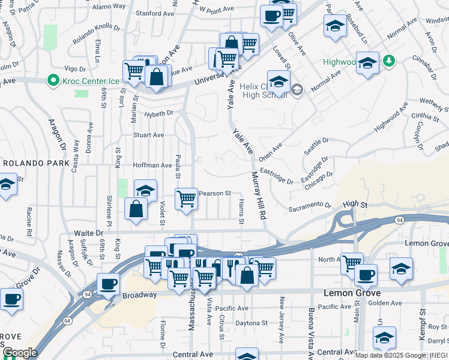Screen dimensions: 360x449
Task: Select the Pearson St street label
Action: (215, 193)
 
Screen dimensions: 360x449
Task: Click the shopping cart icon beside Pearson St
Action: (187, 197)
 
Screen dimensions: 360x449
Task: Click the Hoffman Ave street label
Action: (152, 165)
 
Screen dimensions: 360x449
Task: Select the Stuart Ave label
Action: (148, 135)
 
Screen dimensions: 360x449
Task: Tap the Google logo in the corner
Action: (19, 353)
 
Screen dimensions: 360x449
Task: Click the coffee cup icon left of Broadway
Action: (109, 283)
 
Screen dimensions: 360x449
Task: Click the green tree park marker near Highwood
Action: (389, 61)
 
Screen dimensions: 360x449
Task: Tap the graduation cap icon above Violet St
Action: (145, 190)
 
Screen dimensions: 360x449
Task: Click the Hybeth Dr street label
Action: (158, 113)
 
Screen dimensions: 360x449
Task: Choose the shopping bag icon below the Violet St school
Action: (136, 209)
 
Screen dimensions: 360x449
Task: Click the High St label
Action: (355, 205)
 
